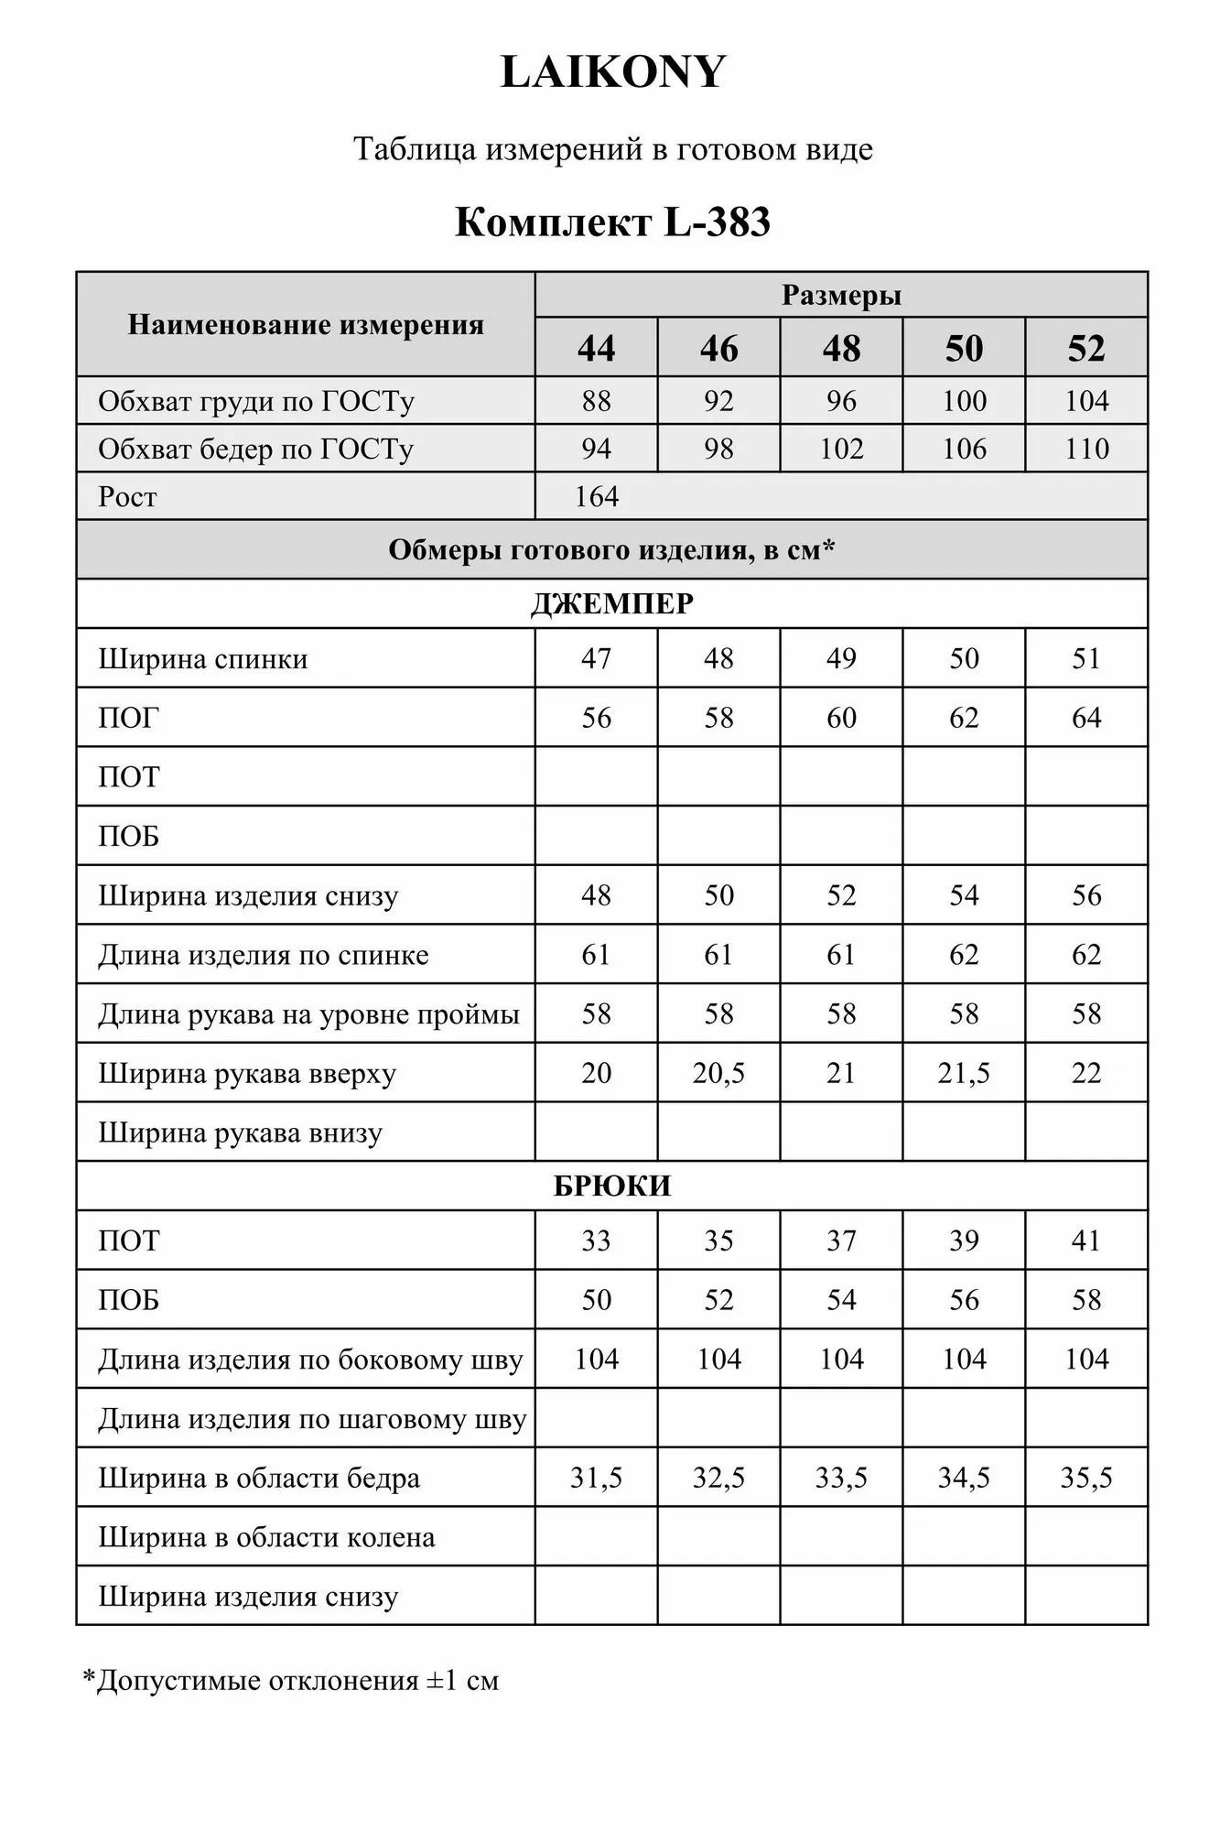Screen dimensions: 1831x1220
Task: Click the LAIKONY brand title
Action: pos(612,72)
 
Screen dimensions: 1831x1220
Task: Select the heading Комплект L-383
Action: pos(612,222)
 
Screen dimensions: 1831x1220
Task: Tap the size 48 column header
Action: pos(841,349)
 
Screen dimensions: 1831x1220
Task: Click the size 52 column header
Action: pos(1086,349)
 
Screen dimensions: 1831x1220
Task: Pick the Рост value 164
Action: pos(597,497)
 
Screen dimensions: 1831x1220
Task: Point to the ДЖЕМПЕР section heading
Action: pos(612,604)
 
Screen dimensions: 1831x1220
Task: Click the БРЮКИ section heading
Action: pos(612,1186)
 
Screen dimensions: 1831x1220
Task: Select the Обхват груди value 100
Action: pos(964,401)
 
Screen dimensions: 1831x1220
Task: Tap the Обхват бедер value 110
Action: pos(1086,449)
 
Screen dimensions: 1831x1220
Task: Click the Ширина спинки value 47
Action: pos(596,658)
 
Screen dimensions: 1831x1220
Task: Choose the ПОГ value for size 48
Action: pos(841,718)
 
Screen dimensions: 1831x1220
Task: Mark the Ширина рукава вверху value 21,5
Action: pos(964,1073)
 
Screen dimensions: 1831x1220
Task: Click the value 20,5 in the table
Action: pos(718,1073)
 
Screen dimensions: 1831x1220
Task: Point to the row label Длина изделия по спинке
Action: pos(264,955)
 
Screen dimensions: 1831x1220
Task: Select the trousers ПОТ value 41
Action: pos(1086,1241)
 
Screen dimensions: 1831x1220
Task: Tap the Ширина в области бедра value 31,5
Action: pos(596,1478)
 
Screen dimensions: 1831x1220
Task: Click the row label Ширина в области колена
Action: pos(266,1537)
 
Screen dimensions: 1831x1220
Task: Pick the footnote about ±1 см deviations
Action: pos(291,1681)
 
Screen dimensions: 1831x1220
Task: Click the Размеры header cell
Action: pos(841,296)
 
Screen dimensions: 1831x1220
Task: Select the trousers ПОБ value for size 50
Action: pos(964,1300)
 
